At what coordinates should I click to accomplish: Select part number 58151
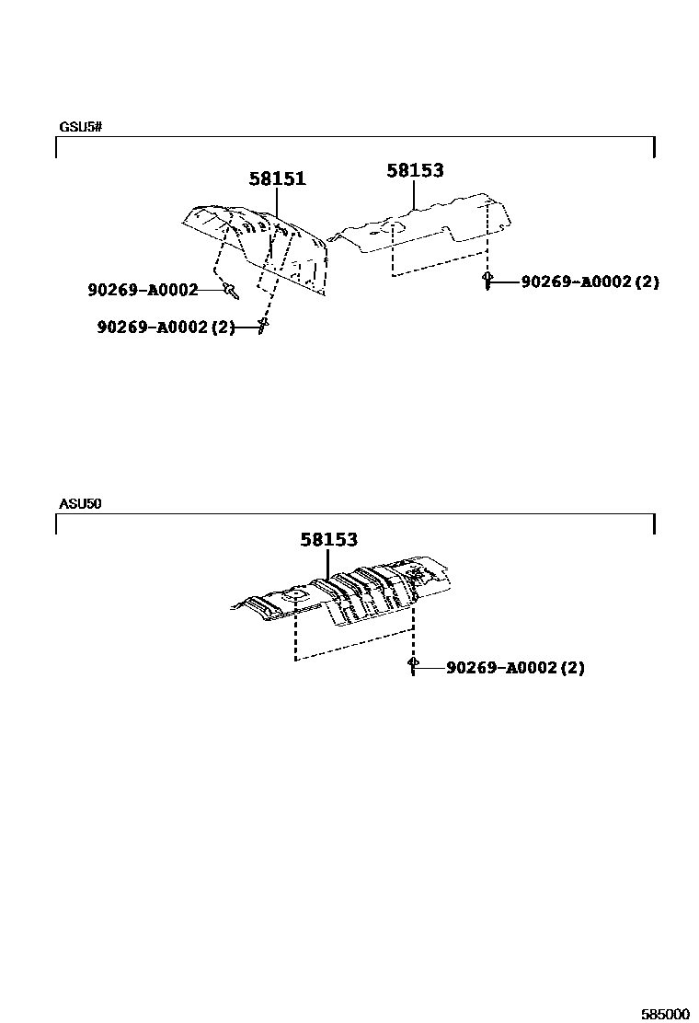pyautogui.click(x=277, y=179)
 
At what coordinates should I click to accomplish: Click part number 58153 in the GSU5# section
pyautogui.click(x=415, y=170)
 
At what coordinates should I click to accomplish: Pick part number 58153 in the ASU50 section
pyautogui.click(x=328, y=540)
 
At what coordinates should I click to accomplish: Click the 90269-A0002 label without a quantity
pyautogui.click(x=143, y=291)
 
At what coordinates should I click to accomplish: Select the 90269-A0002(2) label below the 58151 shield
pyautogui.click(x=166, y=327)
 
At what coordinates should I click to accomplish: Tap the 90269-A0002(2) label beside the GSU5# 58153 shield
pyautogui.click(x=590, y=282)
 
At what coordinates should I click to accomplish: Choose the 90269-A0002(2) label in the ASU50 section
pyautogui.click(x=515, y=668)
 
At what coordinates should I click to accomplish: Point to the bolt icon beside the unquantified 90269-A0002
pyautogui.click(x=231, y=291)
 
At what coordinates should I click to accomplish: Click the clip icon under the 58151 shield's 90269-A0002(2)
pyautogui.click(x=263, y=326)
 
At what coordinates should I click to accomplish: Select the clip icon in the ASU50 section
pyautogui.click(x=413, y=665)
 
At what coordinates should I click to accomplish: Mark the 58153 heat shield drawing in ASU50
pyautogui.click(x=349, y=593)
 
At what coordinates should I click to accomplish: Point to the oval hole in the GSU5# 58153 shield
pyautogui.click(x=391, y=225)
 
